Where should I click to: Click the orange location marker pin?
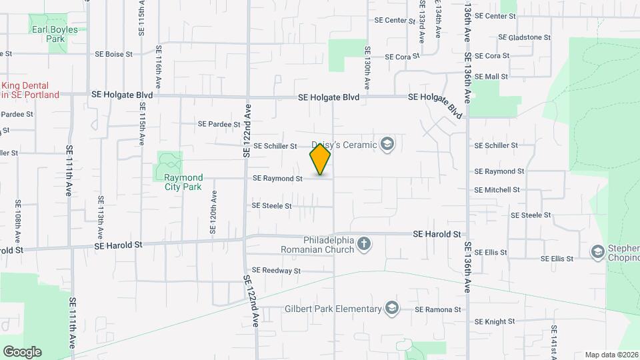pyautogui.click(x=320, y=160)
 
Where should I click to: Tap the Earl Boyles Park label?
pyautogui.click(x=53, y=34)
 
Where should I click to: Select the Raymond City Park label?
pyautogui.click(x=183, y=182)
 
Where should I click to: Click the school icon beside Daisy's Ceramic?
pyautogui.click(x=387, y=144)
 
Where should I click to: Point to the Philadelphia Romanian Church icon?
pyautogui.click(x=364, y=244)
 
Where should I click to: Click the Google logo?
pyautogui.click(x=22, y=352)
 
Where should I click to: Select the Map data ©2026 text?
pyautogui.click(x=611, y=355)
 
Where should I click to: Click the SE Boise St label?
pyautogui.click(x=115, y=54)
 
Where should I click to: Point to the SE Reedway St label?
pyautogui.click(x=277, y=271)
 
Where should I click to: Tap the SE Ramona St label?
pyautogui.click(x=437, y=309)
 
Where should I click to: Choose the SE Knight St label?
pyautogui.click(x=495, y=321)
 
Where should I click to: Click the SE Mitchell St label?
pyautogui.click(x=497, y=190)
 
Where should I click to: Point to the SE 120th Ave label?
pyautogui.click(x=214, y=214)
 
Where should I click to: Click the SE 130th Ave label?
pyautogui.click(x=367, y=68)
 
